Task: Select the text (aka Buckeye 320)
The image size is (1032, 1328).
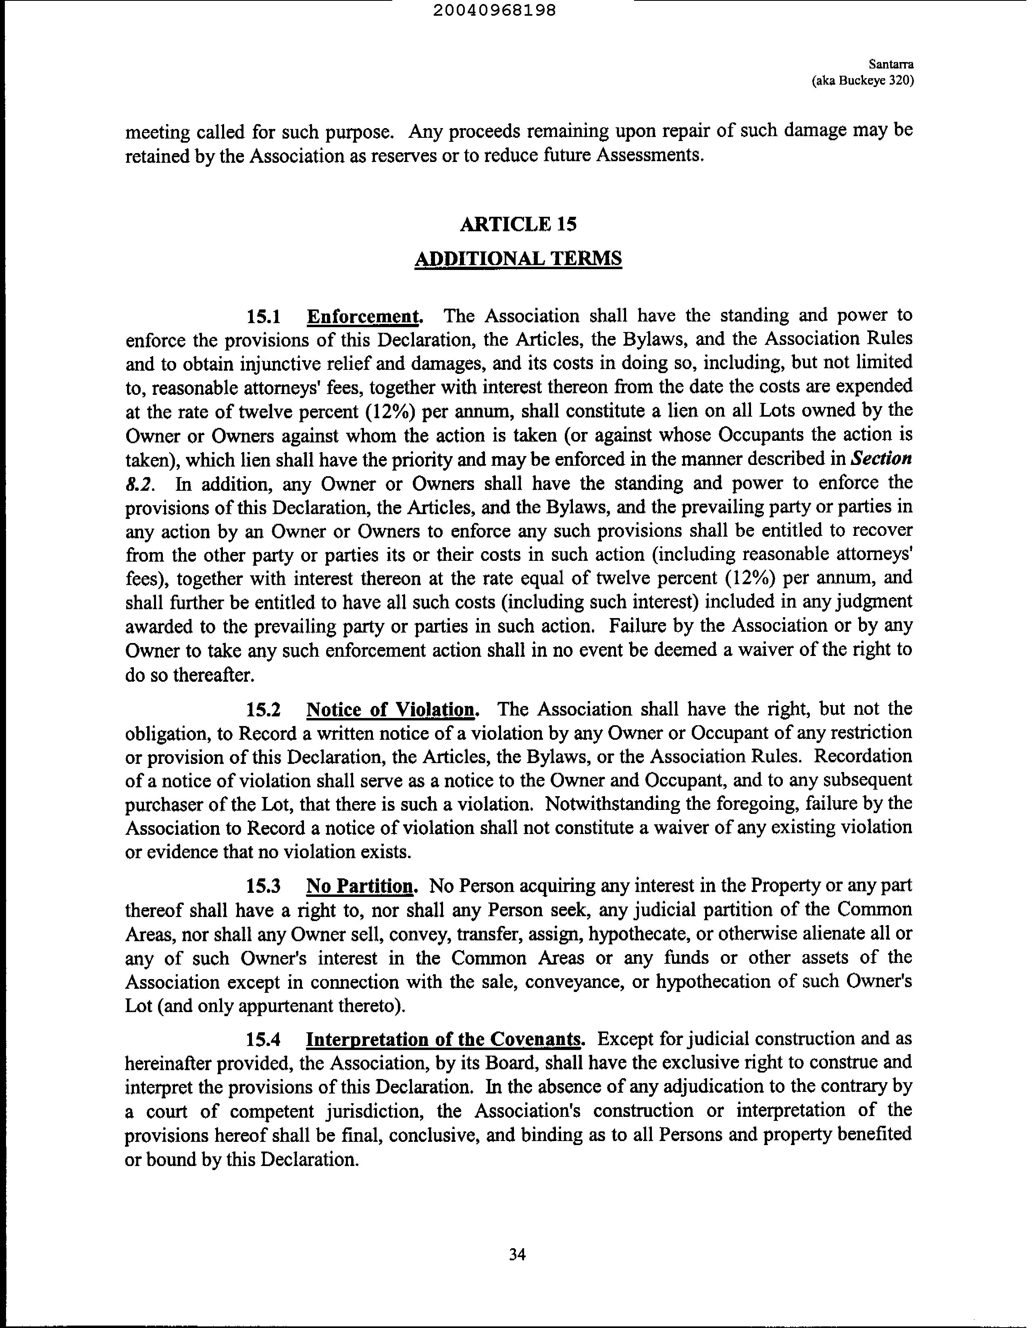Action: [863, 81]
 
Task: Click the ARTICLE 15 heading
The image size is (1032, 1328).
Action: [518, 224]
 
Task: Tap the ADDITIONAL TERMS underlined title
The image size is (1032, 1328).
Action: [518, 258]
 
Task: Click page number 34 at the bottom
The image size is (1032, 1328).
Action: [517, 1254]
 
